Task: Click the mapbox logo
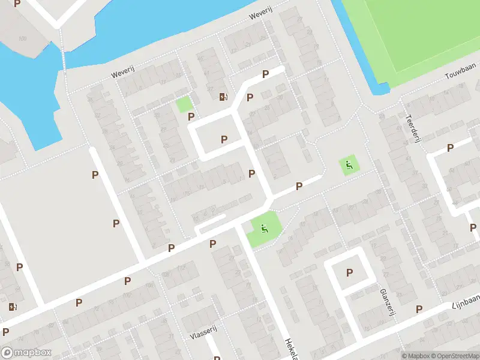pyautogui.click(x=26, y=353)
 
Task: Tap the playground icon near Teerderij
pyautogui.click(x=348, y=164)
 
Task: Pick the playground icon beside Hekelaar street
pyautogui.click(x=263, y=228)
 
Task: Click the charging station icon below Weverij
pyautogui.click(x=223, y=97)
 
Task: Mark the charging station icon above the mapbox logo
pyautogui.click(x=13, y=307)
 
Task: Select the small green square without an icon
pyautogui.click(x=184, y=104)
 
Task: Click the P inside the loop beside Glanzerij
pyautogui.click(x=349, y=273)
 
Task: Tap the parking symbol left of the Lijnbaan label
pyautogui.click(x=419, y=309)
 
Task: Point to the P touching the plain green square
pyautogui.click(x=191, y=116)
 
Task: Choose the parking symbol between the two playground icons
pyautogui.click(x=299, y=187)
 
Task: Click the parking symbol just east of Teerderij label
pyautogui.click(x=450, y=148)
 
